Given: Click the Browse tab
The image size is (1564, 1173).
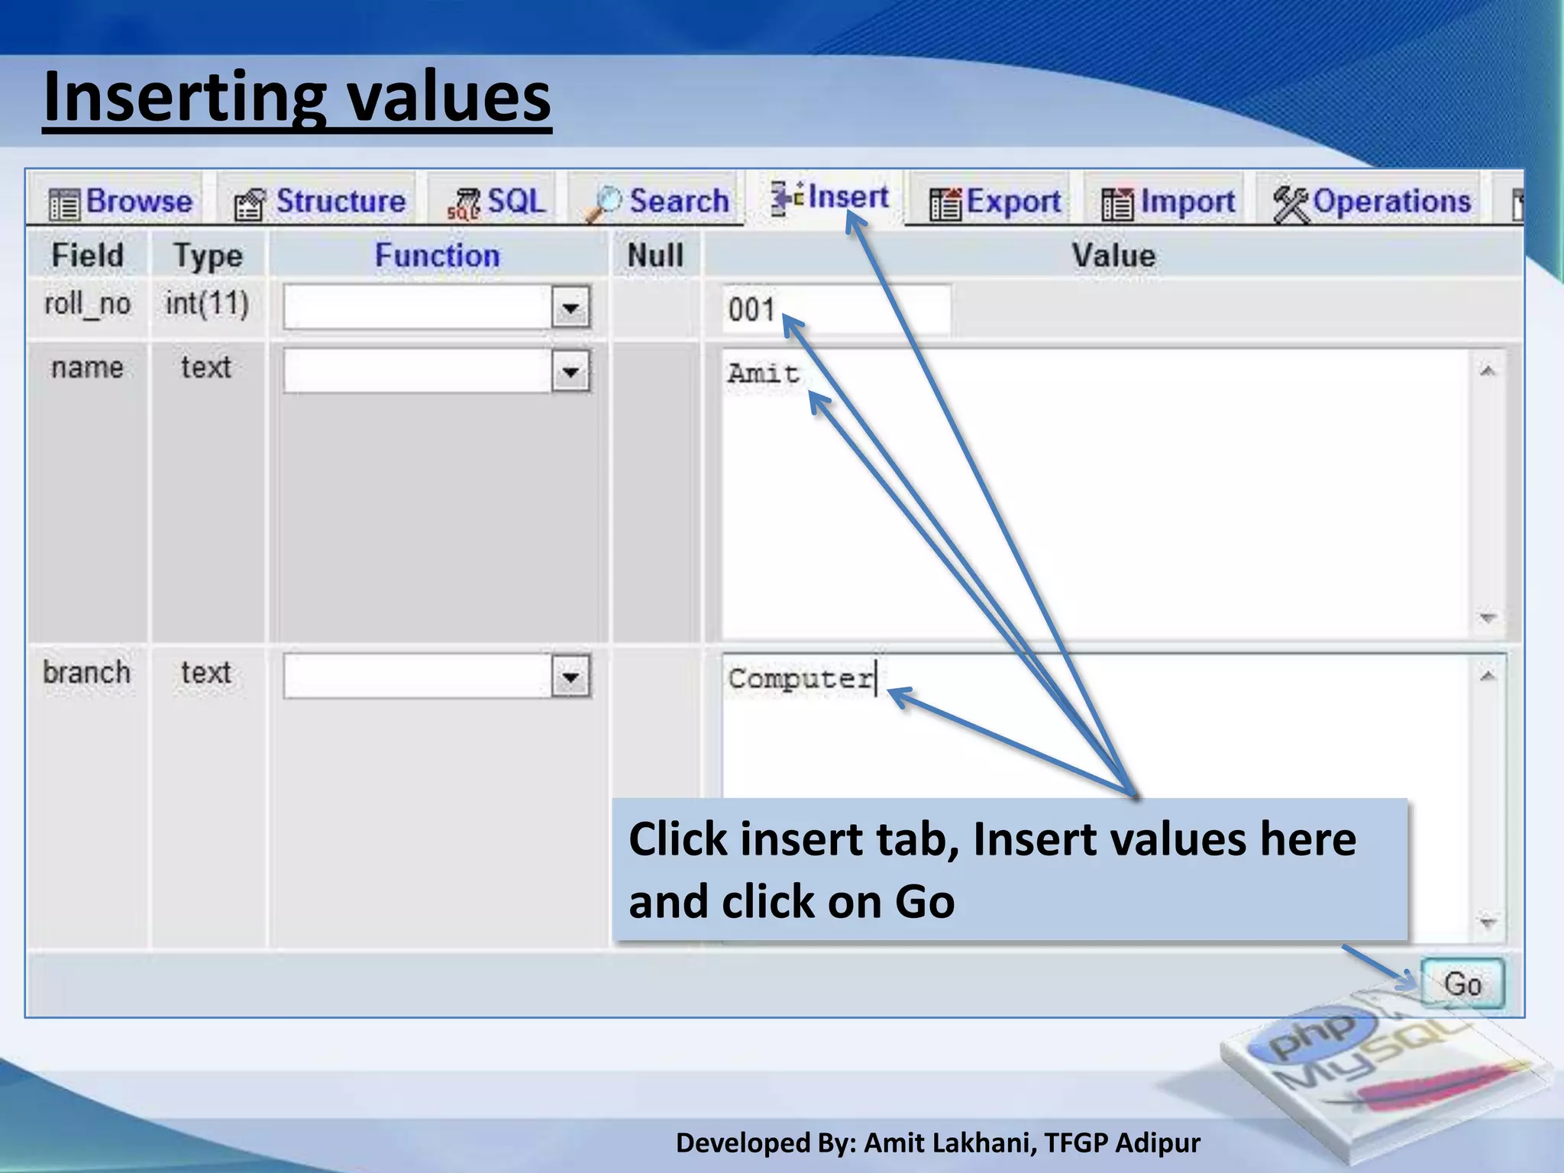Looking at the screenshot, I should click(x=121, y=202).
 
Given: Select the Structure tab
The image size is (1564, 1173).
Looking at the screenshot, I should click(x=320, y=202).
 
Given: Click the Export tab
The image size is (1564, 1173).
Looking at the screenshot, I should click(x=995, y=202).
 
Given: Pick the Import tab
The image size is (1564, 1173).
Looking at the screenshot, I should click(x=1168, y=202).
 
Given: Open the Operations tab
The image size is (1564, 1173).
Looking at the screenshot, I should click(x=1372, y=202).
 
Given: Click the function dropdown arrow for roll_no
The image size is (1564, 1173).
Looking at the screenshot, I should click(x=570, y=308).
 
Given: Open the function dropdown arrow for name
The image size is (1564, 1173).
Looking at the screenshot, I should click(x=570, y=372).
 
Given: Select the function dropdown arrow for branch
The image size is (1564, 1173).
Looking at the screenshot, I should click(x=570, y=677).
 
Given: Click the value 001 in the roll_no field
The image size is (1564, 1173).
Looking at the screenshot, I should click(x=751, y=310).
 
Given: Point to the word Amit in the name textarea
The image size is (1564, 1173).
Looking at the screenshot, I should click(x=763, y=374).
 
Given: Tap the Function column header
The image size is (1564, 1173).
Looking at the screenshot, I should click(x=437, y=256).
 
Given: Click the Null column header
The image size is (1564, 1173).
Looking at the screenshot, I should click(x=655, y=256).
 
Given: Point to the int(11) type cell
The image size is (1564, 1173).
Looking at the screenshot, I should click(x=207, y=304).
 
